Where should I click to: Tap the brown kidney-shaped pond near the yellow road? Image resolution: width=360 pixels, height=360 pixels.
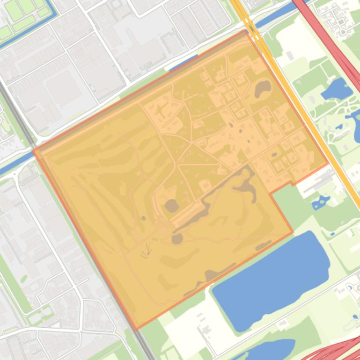263,88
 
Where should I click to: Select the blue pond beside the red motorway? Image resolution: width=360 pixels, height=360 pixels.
337,89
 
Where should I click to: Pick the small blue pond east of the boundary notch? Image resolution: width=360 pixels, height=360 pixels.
321,202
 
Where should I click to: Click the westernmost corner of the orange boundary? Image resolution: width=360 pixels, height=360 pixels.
34,151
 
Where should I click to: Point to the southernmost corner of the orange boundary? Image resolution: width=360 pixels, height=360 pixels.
136,330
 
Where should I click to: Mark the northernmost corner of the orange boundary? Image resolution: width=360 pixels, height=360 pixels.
246,31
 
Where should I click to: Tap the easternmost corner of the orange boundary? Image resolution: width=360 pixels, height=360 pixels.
327,164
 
